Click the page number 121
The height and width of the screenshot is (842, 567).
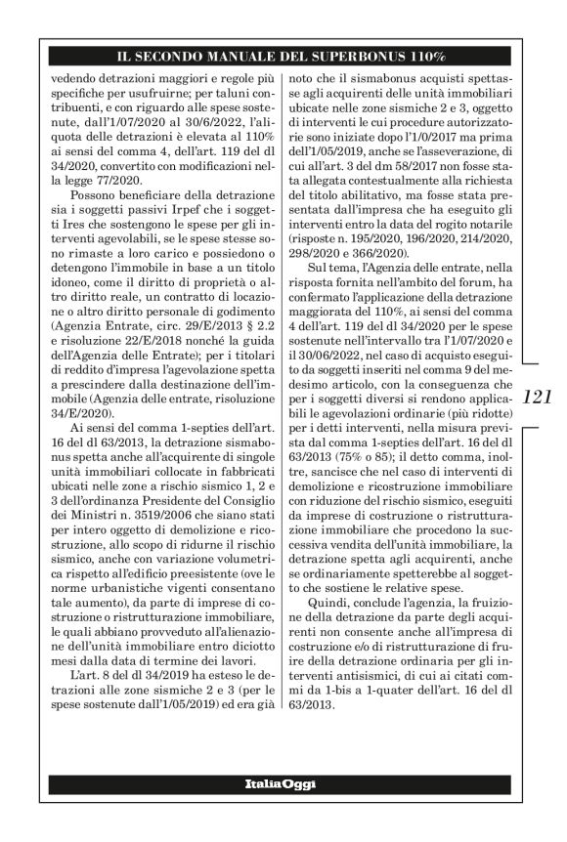539,397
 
